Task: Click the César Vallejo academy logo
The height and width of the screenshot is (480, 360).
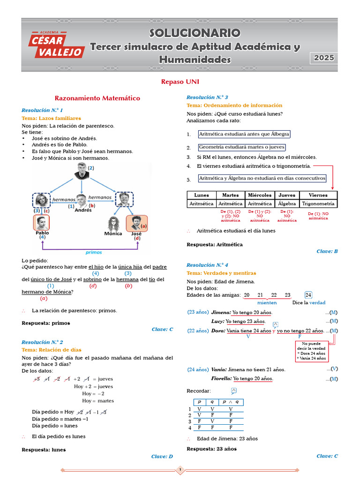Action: pyautogui.click(x=56, y=44)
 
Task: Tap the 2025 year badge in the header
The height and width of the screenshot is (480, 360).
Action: pyautogui.click(x=324, y=58)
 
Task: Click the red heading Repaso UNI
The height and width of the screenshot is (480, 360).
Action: pyautogui.click(x=180, y=82)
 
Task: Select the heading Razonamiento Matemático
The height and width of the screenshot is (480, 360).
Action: pyautogui.click(x=97, y=98)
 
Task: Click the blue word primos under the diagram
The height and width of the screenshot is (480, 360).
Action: pyautogui.click(x=94, y=252)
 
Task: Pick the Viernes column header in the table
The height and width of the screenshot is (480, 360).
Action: pyautogui.click(x=318, y=195)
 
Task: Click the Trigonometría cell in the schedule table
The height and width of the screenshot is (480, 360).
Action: pyautogui.click(x=318, y=204)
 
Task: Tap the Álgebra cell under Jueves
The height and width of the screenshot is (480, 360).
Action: pyautogui.click(x=287, y=204)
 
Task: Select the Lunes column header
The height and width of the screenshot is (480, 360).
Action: pyautogui.click(x=202, y=195)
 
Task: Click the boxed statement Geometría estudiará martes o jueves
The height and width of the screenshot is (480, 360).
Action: pyautogui.click(x=241, y=147)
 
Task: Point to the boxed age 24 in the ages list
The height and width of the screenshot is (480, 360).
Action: pyautogui.click(x=308, y=295)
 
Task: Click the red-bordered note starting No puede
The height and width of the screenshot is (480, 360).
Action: pyautogui.click(x=311, y=351)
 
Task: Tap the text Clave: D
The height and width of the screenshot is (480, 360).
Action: pyautogui.click(x=162, y=457)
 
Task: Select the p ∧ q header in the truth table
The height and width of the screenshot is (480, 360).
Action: pyautogui.click(x=231, y=402)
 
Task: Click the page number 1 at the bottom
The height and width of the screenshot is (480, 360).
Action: pyautogui.click(x=180, y=470)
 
